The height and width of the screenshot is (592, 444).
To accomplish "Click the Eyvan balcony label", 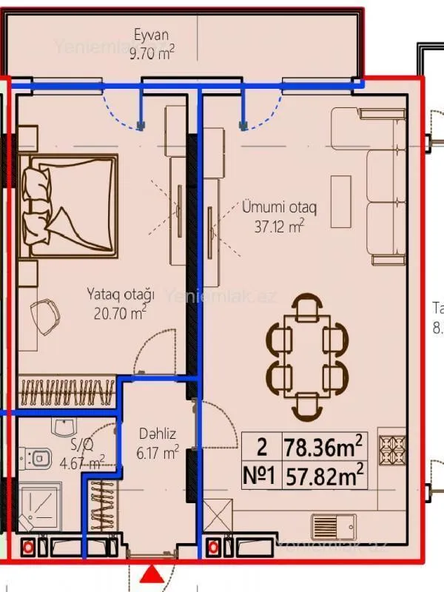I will click(x=152, y=34).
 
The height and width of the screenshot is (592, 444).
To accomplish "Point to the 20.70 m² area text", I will click(x=119, y=313).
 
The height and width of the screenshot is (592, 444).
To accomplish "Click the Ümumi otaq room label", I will click(x=280, y=208).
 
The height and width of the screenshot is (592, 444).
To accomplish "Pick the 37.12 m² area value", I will click(x=280, y=226).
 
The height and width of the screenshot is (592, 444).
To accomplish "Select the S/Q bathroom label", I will click(x=81, y=445).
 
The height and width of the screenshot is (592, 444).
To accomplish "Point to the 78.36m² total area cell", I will click(x=323, y=447).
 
